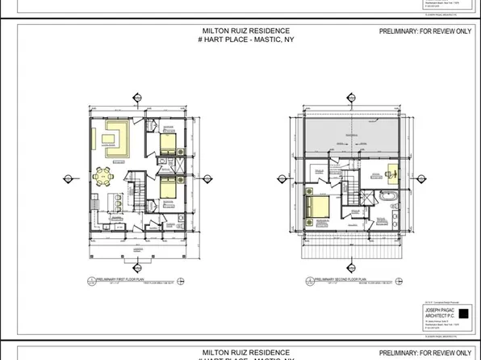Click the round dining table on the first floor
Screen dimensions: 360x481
103,174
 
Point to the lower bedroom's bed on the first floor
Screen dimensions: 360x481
166,190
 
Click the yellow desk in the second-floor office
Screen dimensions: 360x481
393,171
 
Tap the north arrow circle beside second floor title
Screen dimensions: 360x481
309,280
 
